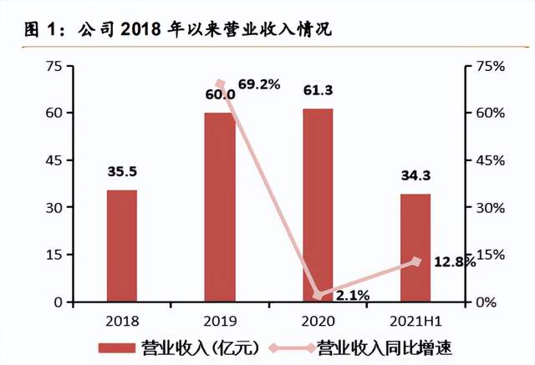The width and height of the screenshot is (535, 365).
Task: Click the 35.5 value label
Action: coord(122,173)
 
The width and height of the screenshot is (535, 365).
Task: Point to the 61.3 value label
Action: coord(318,91)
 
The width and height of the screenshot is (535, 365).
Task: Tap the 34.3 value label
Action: coord(415,176)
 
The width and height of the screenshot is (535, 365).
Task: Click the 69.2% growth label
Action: coord(259,84)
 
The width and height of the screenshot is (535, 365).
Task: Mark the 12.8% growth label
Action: coord(455,262)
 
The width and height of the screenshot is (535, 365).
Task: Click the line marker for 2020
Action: coord(318,295)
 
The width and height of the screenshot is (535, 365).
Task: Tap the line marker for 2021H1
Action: coord(416,261)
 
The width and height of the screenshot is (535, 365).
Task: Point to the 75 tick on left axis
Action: coord(51,66)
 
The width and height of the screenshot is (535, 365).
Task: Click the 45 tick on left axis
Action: coord(51,160)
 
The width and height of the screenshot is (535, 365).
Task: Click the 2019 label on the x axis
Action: coord(220,321)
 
